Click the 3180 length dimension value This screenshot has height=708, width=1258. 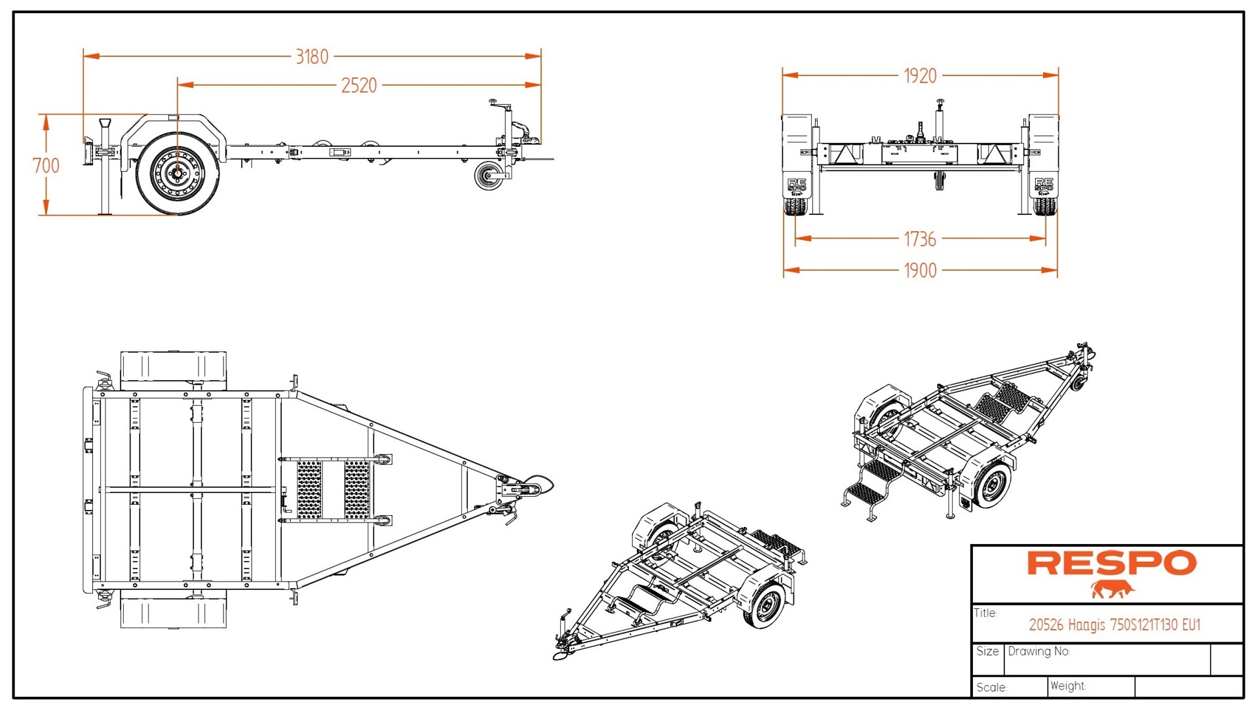pyautogui.click(x=312, y=57)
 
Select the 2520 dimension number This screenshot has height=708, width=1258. pyautogui.click(x=359, y=85)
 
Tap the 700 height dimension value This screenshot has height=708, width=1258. pyautogui.click(x=46, y=165)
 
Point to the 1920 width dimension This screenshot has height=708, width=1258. pyautogui.click(x=920, y=76)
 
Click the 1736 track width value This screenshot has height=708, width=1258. pyautogui.click(x=920, y=239)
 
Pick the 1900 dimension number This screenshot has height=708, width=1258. pyautogui.click(x=920, y=270)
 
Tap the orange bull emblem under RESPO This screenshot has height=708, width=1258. pyautogui.click(x=1112, y=589)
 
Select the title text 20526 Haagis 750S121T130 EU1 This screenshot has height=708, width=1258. pyautogui.click(x=1115, y=625)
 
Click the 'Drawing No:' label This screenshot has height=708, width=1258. pyautogui.click(x=1039, y=652)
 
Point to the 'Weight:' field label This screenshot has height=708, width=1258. pyautogui.click(x=1067, y=686)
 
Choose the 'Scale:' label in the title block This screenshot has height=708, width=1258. pyautogui.click(x=991, y=687)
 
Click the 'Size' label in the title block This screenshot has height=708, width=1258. pyautogui.click(x=987, y=652)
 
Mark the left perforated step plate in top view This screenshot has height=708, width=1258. pyautogui.click(x=310, y=489)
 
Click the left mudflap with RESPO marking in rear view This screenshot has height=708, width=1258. pyautogui.click(x=797, y=186)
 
